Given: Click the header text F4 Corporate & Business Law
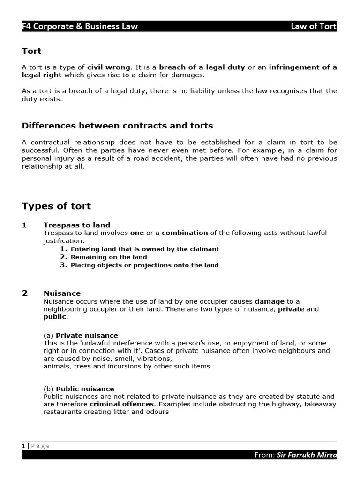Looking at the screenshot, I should (x=80, y=26).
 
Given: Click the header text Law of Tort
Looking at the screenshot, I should (x=314, y=26).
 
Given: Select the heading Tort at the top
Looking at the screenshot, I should (x=31, y=51).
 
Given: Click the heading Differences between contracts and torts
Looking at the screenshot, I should (x=117, y=125).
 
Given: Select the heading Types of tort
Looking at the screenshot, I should (x=56, y=206).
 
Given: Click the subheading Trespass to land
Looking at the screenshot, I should (x=77, y=225).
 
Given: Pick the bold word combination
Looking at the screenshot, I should (x=185, y=232).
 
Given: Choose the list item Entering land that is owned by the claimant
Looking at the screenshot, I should (x=144, y=249).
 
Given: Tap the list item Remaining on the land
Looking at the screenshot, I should (x=108, y=257).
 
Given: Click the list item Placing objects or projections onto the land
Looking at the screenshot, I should (x=144, y=265).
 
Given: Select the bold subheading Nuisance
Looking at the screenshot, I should (x=62, y=293).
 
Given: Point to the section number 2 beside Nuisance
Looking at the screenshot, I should (x=25, y=293).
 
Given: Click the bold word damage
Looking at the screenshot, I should (x=270, y=301).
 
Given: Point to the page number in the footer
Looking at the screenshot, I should (x=23, y=446).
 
